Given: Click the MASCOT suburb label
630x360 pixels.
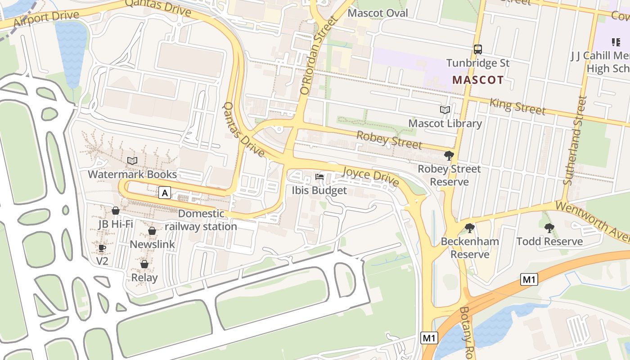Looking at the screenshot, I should [478, 81].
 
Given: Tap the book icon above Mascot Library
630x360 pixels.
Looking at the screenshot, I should [445, 110].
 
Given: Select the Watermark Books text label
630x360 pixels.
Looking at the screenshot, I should [132, 174].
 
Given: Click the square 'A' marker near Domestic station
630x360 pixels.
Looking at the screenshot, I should [165, 193].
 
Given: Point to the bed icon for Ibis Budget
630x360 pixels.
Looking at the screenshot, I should [319, 177].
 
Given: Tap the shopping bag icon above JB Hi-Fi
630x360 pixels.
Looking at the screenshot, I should [116, 211].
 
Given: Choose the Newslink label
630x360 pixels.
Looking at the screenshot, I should [152, 244].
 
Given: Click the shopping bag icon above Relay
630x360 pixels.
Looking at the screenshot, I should [144, 264].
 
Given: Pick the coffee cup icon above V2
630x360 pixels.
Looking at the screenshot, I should [102, 248].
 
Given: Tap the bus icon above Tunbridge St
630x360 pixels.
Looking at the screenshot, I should [478, 49].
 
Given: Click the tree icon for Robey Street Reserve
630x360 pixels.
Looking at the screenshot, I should [449, 156].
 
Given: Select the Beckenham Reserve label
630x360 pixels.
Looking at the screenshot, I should [470, 248].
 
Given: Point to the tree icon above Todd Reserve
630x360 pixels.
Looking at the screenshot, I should [549, 228].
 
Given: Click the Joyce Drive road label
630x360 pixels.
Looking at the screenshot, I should [370, 176].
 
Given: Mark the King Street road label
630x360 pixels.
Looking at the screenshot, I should [517, 107].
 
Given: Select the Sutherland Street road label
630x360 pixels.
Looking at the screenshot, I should [576, 140].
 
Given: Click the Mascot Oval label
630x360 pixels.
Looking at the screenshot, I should [378, 13].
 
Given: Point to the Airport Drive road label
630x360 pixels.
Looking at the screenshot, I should [46, 19].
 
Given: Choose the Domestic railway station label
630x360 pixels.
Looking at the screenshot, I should [201, 220].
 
